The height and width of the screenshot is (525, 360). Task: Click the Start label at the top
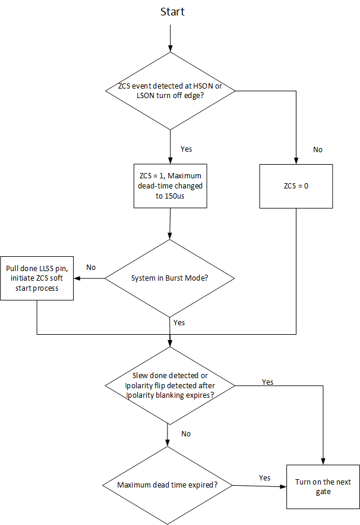point(172,12)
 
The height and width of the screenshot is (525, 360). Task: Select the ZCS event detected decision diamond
point(170,91)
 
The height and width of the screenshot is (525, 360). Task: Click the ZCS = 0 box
point(295,186)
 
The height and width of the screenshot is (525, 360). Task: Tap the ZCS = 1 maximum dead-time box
point(170,186)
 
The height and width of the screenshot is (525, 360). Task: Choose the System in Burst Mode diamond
point(170,278)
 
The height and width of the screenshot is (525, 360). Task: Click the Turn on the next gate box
point(323,486)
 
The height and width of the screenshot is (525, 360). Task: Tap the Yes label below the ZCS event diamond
point(186,149)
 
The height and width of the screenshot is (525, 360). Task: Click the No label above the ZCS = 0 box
point(318,149)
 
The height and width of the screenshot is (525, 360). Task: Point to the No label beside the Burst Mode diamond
point(91,268)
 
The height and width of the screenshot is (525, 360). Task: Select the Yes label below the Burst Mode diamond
point(179,322)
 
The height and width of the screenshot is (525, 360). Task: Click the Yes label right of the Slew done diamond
point(267,382)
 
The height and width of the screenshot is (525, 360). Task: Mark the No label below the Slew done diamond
point(186,433)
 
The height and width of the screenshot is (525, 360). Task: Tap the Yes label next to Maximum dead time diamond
point(264,478)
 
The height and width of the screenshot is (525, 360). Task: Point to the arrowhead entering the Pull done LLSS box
point(78,278)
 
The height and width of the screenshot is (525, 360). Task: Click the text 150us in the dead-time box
point(170,196)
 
